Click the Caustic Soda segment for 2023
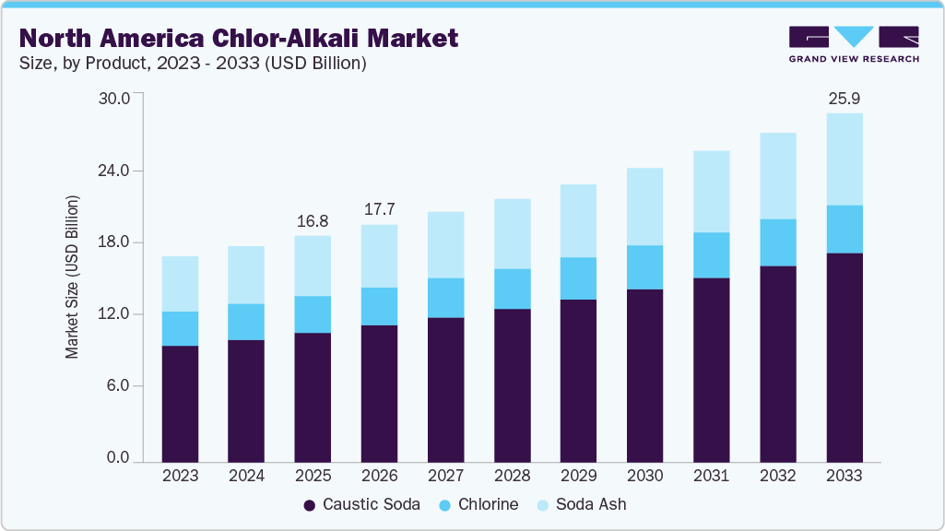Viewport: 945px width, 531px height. tap(180, 403)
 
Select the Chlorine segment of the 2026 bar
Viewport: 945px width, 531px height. tap(379, 306)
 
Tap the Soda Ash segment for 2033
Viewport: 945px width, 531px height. tap(845, 159)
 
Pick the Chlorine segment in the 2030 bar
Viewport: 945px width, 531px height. tap(644, 267)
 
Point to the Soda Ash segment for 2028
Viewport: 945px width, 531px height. tap(512, 233)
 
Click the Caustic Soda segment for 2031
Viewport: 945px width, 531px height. tap(711, 369)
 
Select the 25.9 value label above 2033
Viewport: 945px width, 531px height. tap(845, 98)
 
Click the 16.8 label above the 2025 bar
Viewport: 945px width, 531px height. tap(313, 221)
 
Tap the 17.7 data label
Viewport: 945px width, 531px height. tap(379, 210)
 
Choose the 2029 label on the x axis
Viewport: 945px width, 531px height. tap(578, 476)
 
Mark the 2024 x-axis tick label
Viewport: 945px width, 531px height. tap(246, 476)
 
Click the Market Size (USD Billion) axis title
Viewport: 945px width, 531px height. tap(72, 277)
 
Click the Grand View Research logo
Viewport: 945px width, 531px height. tap(853, 43)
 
